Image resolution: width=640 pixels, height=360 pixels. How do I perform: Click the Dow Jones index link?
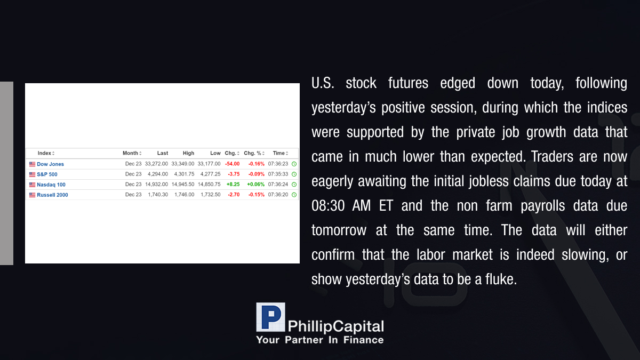50,164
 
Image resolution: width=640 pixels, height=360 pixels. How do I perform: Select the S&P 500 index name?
47,174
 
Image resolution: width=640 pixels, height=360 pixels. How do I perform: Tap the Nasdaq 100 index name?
51,185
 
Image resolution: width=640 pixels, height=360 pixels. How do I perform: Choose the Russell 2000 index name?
52,195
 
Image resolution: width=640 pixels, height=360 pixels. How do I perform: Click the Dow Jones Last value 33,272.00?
156,164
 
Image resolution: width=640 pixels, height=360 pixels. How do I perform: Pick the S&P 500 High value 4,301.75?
185,174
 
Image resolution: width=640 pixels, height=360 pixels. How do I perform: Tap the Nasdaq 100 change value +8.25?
233,185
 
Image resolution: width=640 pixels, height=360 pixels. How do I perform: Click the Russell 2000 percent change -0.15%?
257,195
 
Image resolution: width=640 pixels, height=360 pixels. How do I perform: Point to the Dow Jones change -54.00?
233,164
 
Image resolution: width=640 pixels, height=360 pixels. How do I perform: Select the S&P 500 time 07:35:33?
278,174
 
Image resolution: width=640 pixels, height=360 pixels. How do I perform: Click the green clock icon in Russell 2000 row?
294,195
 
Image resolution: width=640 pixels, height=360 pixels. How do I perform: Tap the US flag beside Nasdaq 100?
33,185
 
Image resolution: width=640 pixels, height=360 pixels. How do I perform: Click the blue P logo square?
270,317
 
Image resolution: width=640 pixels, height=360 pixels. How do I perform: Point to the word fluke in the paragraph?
501,279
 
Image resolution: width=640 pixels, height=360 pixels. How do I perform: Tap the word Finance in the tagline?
363,340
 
